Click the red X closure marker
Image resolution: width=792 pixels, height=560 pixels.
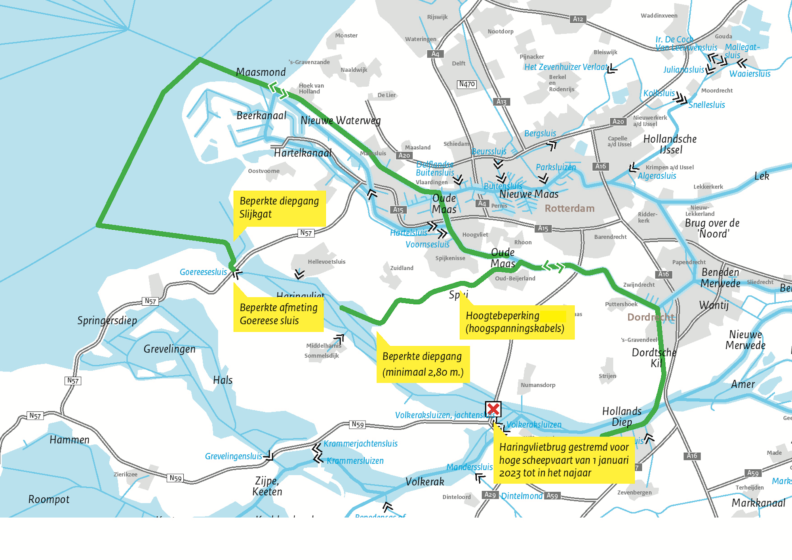pos(493,409)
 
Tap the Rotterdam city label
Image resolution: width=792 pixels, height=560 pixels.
pos(569,208)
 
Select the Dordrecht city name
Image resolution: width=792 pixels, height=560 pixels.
pos(651,317)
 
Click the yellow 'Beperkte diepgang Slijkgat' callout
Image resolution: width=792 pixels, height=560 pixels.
pos(279,208)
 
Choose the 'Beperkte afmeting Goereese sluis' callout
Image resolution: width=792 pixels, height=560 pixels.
pos(278,314)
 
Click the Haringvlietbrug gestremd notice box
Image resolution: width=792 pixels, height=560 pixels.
pos(564,460)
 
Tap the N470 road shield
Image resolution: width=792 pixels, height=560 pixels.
pos(467,84)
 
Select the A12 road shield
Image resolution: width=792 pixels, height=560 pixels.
pos(578,19)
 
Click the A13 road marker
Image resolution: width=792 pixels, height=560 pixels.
pos(501,102)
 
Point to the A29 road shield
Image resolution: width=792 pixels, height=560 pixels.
pos(490,495)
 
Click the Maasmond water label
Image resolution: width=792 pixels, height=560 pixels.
pos(261,72)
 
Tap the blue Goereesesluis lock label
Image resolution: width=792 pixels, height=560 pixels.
pos(203,272)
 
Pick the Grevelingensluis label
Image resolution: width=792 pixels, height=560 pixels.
pos(233,456)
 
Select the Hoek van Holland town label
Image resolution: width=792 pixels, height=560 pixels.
pos(311,88)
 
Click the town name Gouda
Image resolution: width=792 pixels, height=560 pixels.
pos(723,36)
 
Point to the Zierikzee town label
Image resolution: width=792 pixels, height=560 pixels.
pos(126,474)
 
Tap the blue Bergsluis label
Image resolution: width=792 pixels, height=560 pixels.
pos(540,133)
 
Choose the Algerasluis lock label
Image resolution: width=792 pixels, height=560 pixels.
pos(657,176)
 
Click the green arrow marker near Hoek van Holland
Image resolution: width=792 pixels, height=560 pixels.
pos(278,90)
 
